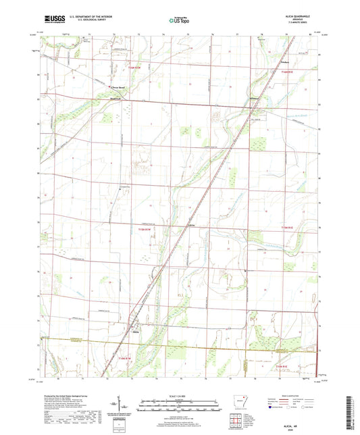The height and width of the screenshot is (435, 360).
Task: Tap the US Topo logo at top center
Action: click(179, 20)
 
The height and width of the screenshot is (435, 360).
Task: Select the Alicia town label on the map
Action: click(136, 332)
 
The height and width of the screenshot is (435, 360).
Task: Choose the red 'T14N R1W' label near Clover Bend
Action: click(138, 68)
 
